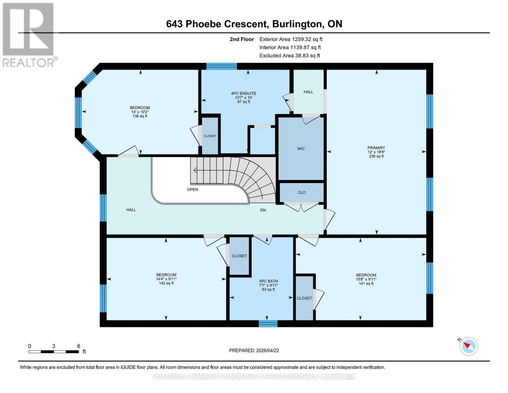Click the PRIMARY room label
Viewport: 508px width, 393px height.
pos(376,148)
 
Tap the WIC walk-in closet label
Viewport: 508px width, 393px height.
pos(301,149)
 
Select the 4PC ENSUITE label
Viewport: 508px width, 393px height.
pos(243,93)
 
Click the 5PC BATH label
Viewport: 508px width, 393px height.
pos(268,281)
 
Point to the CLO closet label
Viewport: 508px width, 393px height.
pos(302,193)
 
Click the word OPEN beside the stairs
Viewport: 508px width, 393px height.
pos(192,190)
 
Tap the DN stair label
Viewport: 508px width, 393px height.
pos(263,210)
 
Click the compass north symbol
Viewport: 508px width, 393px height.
pos(468,346)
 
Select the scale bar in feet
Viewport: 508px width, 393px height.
pos(54,352)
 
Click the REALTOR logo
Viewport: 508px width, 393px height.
pos(29,34)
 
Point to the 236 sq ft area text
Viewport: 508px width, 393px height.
pos(376,156)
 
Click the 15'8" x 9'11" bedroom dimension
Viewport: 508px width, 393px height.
pos(366,279)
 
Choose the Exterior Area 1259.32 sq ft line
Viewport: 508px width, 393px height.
pos(291,39)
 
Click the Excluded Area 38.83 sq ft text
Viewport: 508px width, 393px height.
pos(289,56)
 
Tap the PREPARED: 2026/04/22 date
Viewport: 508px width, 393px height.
pos(254,350)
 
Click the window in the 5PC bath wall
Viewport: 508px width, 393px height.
pos(268,324)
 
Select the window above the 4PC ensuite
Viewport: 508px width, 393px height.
pos(221,66)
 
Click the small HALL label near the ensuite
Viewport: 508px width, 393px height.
pos(308,92)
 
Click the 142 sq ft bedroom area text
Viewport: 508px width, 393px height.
pos(166,283)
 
